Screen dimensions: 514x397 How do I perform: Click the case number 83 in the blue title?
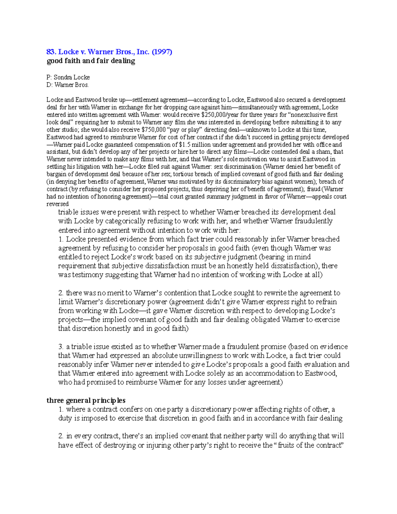50,52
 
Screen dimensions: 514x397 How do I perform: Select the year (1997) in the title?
162,52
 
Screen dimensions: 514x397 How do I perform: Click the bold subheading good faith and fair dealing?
91,61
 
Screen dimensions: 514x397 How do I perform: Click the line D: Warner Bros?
67,85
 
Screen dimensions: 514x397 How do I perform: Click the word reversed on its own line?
58,204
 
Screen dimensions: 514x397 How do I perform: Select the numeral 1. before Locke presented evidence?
61,239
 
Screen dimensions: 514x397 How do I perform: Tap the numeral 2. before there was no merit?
61,293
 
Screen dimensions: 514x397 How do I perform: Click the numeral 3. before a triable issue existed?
61,347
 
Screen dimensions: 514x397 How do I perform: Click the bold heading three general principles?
86,400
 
